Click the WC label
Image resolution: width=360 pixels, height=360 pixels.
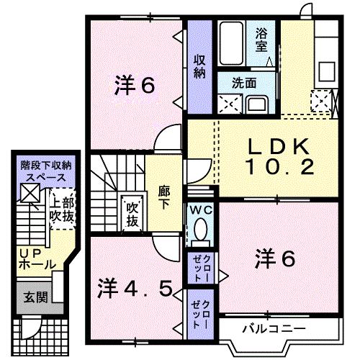pos(200,209)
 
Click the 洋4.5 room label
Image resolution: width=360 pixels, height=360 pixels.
pos(135,289)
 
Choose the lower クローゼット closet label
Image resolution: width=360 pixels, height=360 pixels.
pos(199,314)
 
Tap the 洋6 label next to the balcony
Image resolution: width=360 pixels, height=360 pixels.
pos(275,258)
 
